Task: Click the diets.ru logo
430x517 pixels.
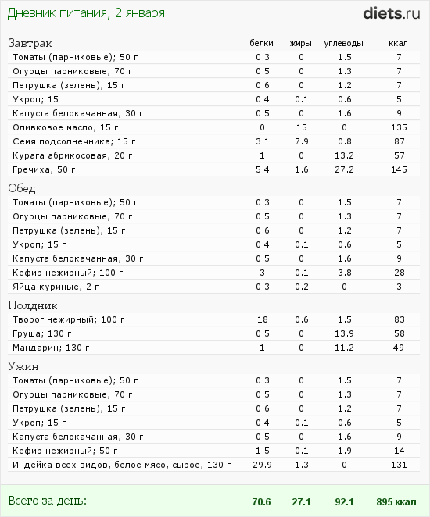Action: tap(392, 13)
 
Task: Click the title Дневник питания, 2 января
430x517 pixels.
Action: tap(86, 13)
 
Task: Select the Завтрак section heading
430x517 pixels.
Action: tap(30, 43)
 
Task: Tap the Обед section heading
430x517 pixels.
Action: tap(22, 188)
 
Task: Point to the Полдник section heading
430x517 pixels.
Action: tap(33, 305)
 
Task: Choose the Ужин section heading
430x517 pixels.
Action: tap(23, 366)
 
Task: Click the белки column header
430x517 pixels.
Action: tap(261, 43)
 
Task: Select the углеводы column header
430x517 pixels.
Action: tap(343, 43)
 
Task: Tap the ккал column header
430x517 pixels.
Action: tap(398, 43)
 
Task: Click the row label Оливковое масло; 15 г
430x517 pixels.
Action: tap(66, 127)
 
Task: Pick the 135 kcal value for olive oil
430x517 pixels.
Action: tap(399, 127)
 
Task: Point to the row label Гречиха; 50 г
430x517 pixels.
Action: tap(44, 169)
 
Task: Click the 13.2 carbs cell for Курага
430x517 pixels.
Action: tap(344, 155)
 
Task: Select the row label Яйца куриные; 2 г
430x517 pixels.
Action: tap(56, 287)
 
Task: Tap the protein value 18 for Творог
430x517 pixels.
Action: tap(263, 319)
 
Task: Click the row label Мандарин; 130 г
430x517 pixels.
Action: tap(51, 348)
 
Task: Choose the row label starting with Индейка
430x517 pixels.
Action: tap(122, 465)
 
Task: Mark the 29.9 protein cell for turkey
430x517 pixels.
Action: tap(263, 465)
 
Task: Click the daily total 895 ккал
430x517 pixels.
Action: tap(396, 501)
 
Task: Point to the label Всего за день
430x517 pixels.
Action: tap(47, 501)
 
